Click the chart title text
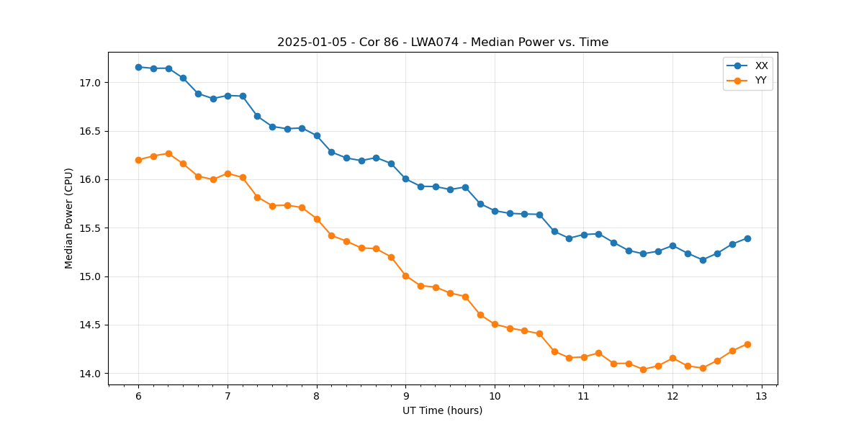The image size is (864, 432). pos(443,42)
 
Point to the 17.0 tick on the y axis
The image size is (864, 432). pos(89,83)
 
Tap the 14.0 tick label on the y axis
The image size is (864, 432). pos(89,374)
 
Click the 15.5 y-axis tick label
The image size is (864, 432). pos(89,228)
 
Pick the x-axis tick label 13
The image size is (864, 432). pos(762,397)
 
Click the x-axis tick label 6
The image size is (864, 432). pos(138,397)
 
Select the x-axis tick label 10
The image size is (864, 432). pos(495,397)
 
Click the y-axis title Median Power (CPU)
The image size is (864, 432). pos(69,218)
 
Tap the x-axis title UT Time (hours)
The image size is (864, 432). pos(442,410)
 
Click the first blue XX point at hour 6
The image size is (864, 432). pos(138,67)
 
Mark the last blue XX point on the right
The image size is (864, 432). pos(747,238)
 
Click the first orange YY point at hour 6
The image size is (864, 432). pos(138,160)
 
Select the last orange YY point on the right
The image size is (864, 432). pos(747,344)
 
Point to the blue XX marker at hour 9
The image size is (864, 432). pos(405,179)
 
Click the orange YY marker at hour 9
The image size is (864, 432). pos(405,276)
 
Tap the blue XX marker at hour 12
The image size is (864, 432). pos(672,246)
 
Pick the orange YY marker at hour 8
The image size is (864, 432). pos(317,219)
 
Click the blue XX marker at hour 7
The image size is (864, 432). pos(228,95)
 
